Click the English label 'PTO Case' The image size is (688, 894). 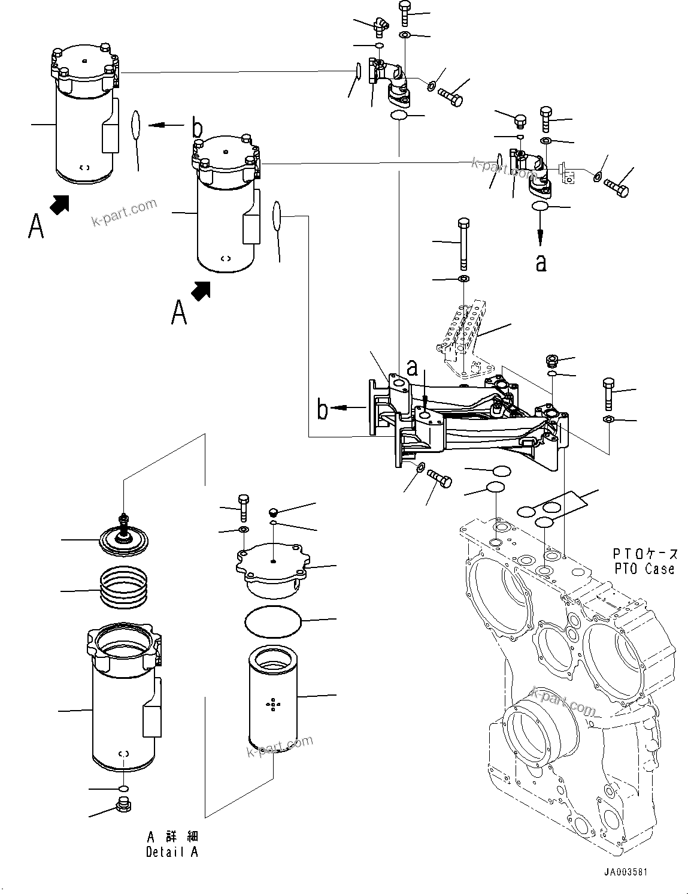click(644, 569)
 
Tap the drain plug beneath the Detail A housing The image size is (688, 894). click(123, 804)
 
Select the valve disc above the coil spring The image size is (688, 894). click(125, 539)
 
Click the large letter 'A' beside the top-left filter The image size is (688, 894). click(36, 226)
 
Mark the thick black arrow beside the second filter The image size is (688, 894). click(201, 292)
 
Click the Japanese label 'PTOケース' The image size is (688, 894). click(645, 552)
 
